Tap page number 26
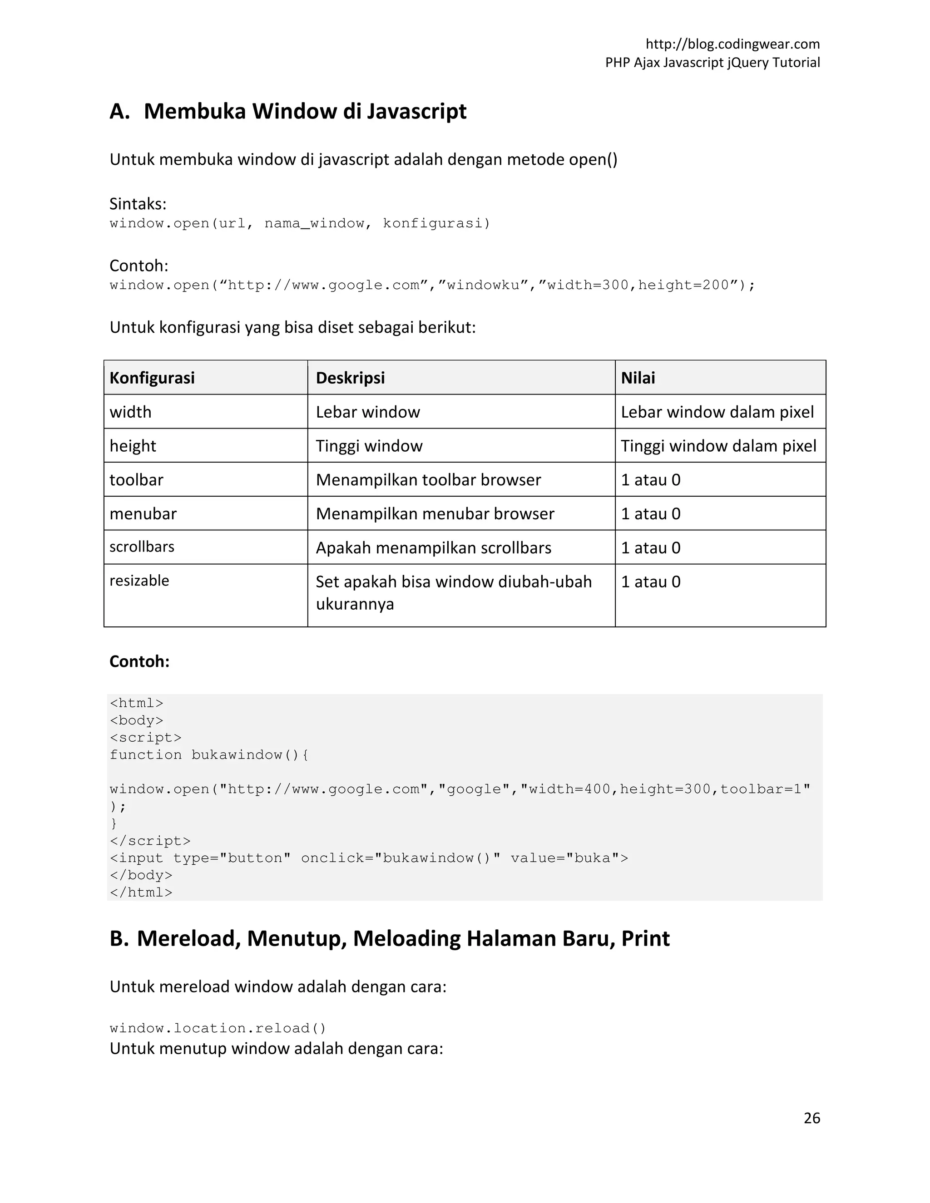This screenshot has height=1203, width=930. [811, 1118]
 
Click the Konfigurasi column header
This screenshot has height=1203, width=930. [152, 378]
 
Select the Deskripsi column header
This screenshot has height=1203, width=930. [351, 378]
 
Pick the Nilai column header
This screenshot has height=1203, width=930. [638, 378]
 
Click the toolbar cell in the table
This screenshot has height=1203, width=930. [137, 480]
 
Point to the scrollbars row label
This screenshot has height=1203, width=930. [142, 547]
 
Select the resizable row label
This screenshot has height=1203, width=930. [139, 581]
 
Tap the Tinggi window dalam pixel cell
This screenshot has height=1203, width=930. [718, 446]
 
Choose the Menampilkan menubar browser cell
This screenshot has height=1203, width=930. [435, 514]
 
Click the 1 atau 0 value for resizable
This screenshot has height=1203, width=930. [651, 582]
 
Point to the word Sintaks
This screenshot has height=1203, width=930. [138, 204]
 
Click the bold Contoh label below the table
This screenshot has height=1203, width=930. [139, 661]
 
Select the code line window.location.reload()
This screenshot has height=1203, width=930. [218, 1028]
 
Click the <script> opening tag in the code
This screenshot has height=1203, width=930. [145, 738]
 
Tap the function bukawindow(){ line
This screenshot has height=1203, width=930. [209, 754]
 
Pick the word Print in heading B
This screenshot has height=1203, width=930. [645, 939]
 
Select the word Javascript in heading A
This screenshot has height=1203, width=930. [416, 111]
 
